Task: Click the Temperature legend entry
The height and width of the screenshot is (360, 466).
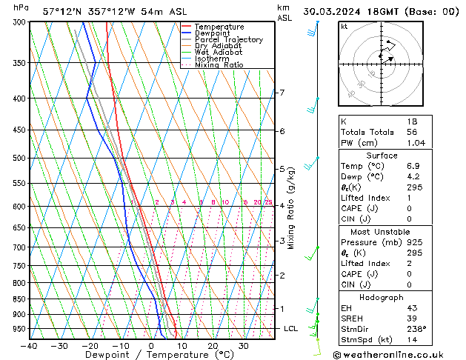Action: click(x=219, y=27)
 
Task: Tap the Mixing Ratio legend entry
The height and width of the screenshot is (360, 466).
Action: click(x=219, y=65)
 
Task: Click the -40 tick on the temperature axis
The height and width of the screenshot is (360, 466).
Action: click(x=30, y=346)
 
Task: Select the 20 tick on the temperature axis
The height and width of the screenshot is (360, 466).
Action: click(x=213, y=346)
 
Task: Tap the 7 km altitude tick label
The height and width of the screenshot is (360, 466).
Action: click(x=282, y=93)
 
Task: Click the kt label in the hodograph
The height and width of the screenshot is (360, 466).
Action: click(x=344, y=27)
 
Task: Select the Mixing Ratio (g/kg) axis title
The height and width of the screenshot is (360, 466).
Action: click(x=292, y=208)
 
